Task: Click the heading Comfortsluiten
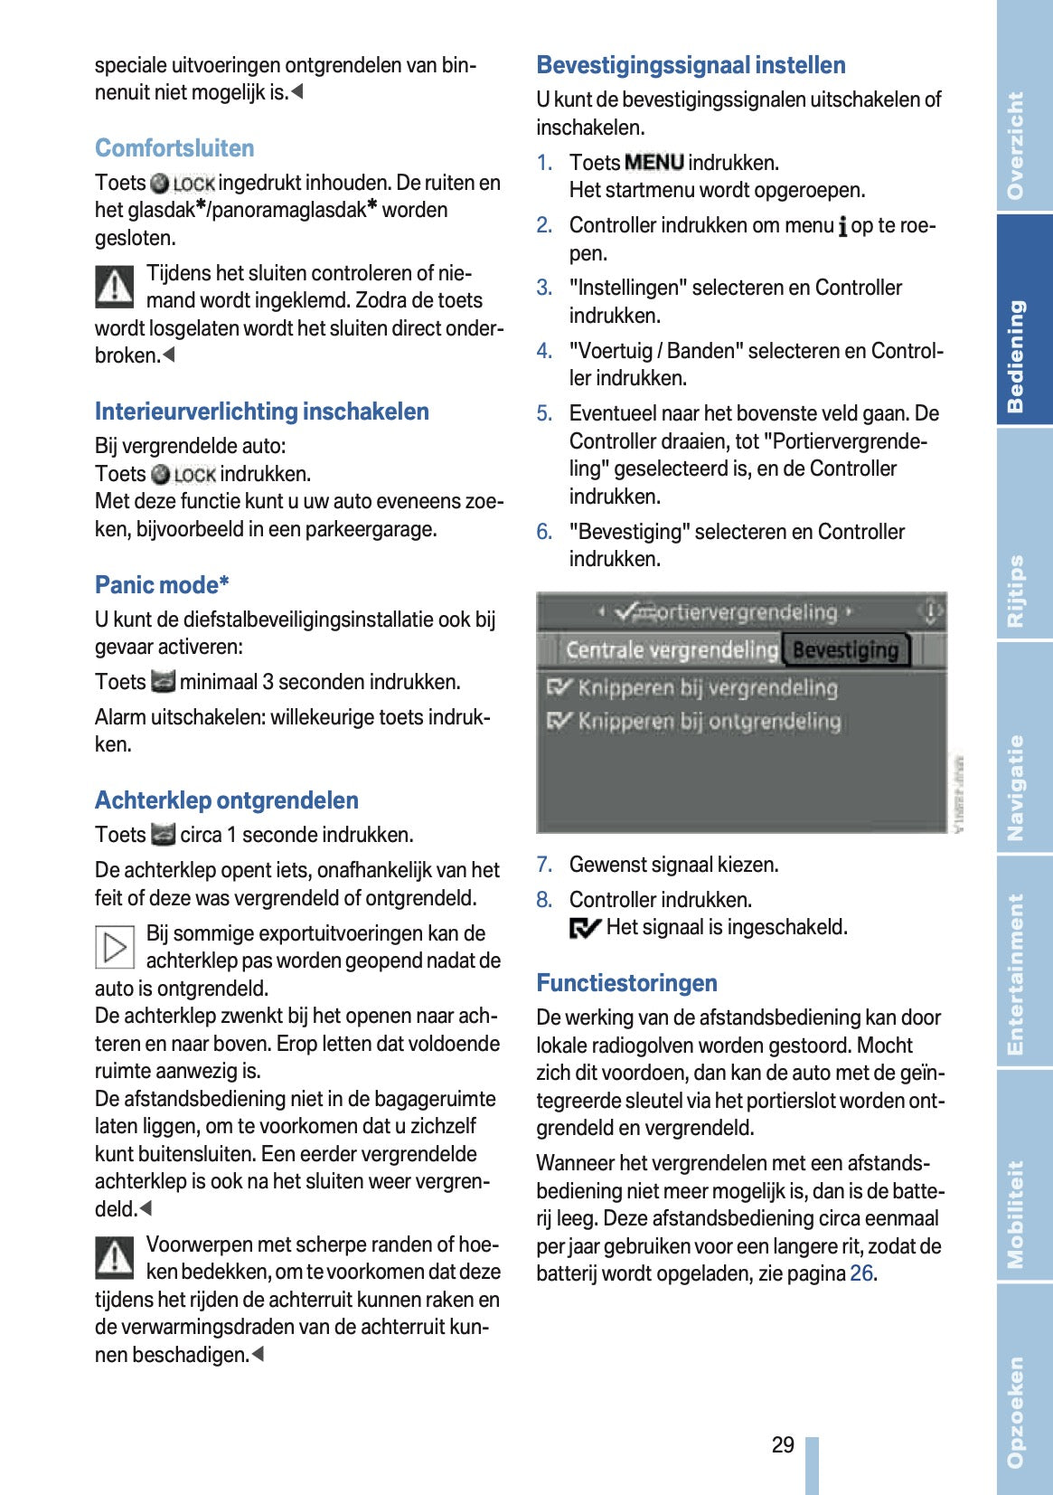(174, 148)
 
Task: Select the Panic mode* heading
(162, 585)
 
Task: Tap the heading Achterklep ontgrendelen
(227, 800)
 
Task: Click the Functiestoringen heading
(626, 983)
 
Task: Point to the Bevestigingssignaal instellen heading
(691, 65)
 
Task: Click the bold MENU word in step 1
(653, 163)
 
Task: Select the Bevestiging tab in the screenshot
(845, 650)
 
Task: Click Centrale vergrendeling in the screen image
(671, 650)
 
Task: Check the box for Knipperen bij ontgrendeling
(559, 722)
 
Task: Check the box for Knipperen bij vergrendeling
(559, 688)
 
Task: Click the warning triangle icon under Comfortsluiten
(115, 286)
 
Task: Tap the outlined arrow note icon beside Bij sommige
(115, 947)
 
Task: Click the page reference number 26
(861, 1273)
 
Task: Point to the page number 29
(783, 1445)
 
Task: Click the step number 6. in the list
(544, 532)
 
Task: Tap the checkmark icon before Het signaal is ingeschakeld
(585, 928)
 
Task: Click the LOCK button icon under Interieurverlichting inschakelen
(183, 475)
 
